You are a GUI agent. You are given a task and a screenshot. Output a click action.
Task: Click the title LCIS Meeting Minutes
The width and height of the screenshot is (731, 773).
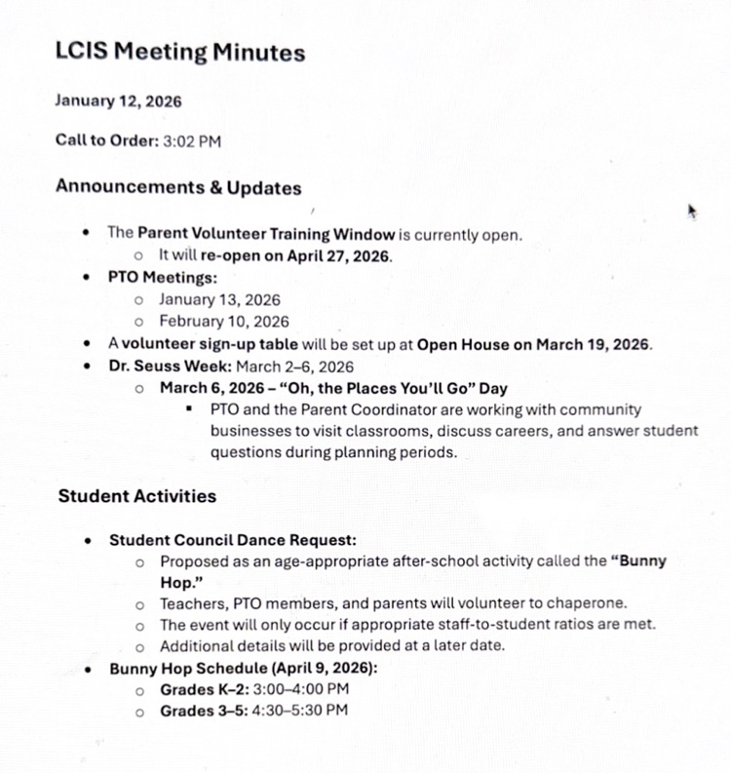tap(180, 53)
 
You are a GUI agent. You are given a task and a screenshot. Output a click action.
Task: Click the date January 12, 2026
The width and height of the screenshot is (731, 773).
tap(118, 100)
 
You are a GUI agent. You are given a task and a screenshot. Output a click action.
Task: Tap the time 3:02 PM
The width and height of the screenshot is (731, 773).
tap(192, 141)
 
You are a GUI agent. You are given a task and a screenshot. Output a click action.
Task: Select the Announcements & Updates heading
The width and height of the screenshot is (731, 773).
tap(178, 187)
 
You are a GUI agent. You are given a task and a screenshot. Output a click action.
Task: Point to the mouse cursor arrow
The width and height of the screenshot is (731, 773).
tap(692, 212)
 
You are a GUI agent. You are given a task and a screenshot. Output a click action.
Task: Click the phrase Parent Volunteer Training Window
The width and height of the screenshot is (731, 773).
tap(266, 234)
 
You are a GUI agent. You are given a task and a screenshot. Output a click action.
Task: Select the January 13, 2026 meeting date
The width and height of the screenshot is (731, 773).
tap(219, 300)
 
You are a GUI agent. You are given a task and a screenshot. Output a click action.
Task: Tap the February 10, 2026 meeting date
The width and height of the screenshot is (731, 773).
tap(223, 322)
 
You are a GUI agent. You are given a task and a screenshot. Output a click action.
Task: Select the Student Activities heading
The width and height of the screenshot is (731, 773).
tap(137, 496)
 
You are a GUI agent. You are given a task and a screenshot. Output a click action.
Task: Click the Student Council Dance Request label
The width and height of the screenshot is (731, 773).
tap(232, 539)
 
